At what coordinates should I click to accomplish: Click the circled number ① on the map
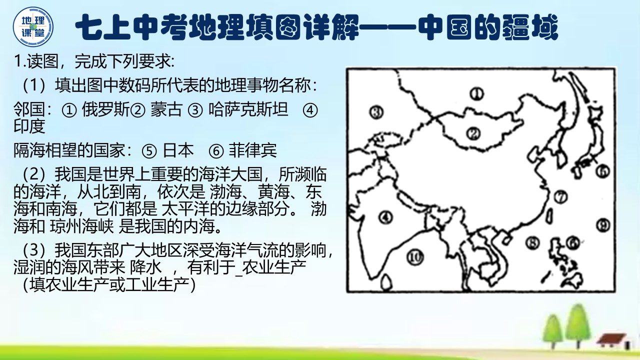coord(477,93)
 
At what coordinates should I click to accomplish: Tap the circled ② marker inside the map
coord(473,133)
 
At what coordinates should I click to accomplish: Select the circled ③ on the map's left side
coord(376,112)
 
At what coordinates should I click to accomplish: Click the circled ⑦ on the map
coord(561,197)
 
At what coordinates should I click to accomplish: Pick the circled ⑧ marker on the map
coord(533,243)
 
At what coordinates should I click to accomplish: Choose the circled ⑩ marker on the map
coord(414,257)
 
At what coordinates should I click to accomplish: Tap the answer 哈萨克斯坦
coord(248,110)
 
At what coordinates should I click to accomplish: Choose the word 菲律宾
coord(252,150)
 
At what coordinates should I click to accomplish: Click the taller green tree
coord(578,325)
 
